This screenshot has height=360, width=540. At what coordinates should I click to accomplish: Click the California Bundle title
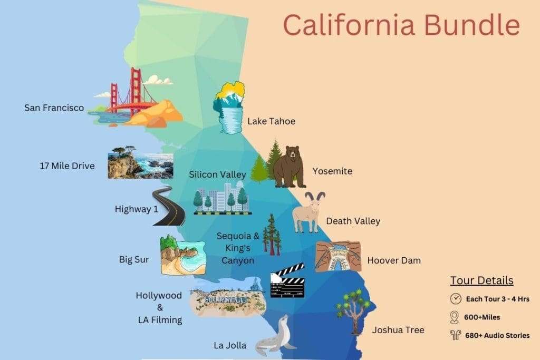pyautogui.click(x=401, y=25)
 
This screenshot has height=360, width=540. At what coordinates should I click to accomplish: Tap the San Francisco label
pyautogui.click(x=54, y=108)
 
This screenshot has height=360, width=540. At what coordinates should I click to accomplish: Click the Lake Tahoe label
pyautogui.click(x=271, y=121)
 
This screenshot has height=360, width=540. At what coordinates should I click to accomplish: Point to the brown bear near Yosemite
pyautogui.click(x=290, y=166)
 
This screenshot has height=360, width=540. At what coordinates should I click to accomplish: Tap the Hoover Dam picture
pyautogui.click(x=338, y=257)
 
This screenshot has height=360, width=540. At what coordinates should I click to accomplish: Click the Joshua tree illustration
pyautogui.click(x=352, y=311)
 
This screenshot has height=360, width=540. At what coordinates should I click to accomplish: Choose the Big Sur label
pyautogui.click(x=134, y=259)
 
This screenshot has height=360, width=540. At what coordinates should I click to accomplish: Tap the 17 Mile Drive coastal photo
pyautogui.click(x=140, y=166)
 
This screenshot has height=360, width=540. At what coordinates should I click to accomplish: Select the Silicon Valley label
pyautogui.click(x=218, y=174)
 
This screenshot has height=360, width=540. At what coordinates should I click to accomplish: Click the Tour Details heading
pyautogui.click(x=481, y=280)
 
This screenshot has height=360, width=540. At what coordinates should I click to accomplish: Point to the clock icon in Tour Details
pyautogui.click(x=455, y=299)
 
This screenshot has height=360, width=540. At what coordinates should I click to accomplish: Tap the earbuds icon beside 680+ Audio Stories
pyautogui.click(x=455, y=335)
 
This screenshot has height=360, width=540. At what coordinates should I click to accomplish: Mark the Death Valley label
pyautogui.click(x=353, y=221)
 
